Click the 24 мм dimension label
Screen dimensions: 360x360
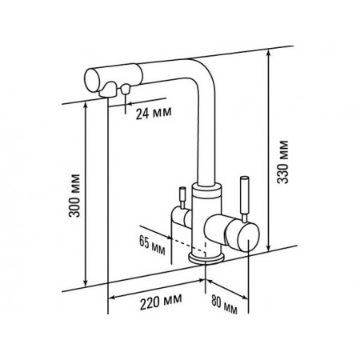click(154, 114)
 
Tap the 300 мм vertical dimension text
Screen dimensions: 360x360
click(74, 196)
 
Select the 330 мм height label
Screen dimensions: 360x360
click(282, 162)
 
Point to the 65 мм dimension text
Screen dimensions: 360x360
click(152, 246)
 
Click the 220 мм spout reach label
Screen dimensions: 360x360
click(161, 302)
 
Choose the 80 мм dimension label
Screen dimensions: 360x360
click(224, 304)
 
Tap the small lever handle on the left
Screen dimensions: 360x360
click(182, 198)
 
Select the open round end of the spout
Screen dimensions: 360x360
click(92, 80)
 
